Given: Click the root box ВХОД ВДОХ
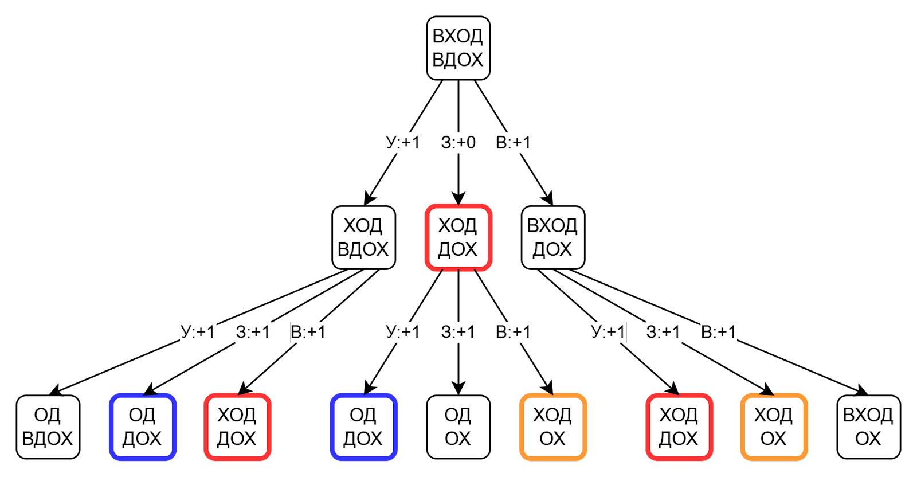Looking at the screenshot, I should click(x=458, y=48).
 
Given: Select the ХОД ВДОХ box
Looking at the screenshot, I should click(x=363, y=237).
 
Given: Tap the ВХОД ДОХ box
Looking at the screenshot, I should click(x=552, y=237).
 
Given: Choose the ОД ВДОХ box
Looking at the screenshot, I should click(x=48, y=427).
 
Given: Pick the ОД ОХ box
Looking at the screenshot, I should click(x=458, y=427).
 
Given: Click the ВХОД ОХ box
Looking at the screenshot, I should click(x=868, y=427).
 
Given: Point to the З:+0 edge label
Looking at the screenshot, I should click(x=458, y=142).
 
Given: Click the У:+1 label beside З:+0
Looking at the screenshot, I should click(x=403, y=142).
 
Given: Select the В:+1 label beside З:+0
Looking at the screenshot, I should click(x=514, y=142).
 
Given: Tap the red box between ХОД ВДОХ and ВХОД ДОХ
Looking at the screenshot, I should click(x=458, y=237).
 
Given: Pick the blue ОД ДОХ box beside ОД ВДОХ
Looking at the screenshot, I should click(x=142, y=427).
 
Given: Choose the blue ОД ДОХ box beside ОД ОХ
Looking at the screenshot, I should click(x=363, y=427).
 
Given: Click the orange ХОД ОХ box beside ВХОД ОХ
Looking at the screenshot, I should click(x=774, y=427).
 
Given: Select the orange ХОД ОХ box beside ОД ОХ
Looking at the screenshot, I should click(x=552, y=427).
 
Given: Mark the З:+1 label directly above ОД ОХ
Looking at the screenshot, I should click(x=458, y=331).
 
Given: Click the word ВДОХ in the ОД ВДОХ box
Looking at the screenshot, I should click(x=48, y=439).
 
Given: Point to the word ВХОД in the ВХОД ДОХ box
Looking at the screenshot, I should click(x=552, y=225).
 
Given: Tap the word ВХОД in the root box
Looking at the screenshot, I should click(x=458, y=36).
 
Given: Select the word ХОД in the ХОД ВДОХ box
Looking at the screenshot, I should click(x=363, y=225).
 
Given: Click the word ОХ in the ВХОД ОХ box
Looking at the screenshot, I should click(x=868, y=439).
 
